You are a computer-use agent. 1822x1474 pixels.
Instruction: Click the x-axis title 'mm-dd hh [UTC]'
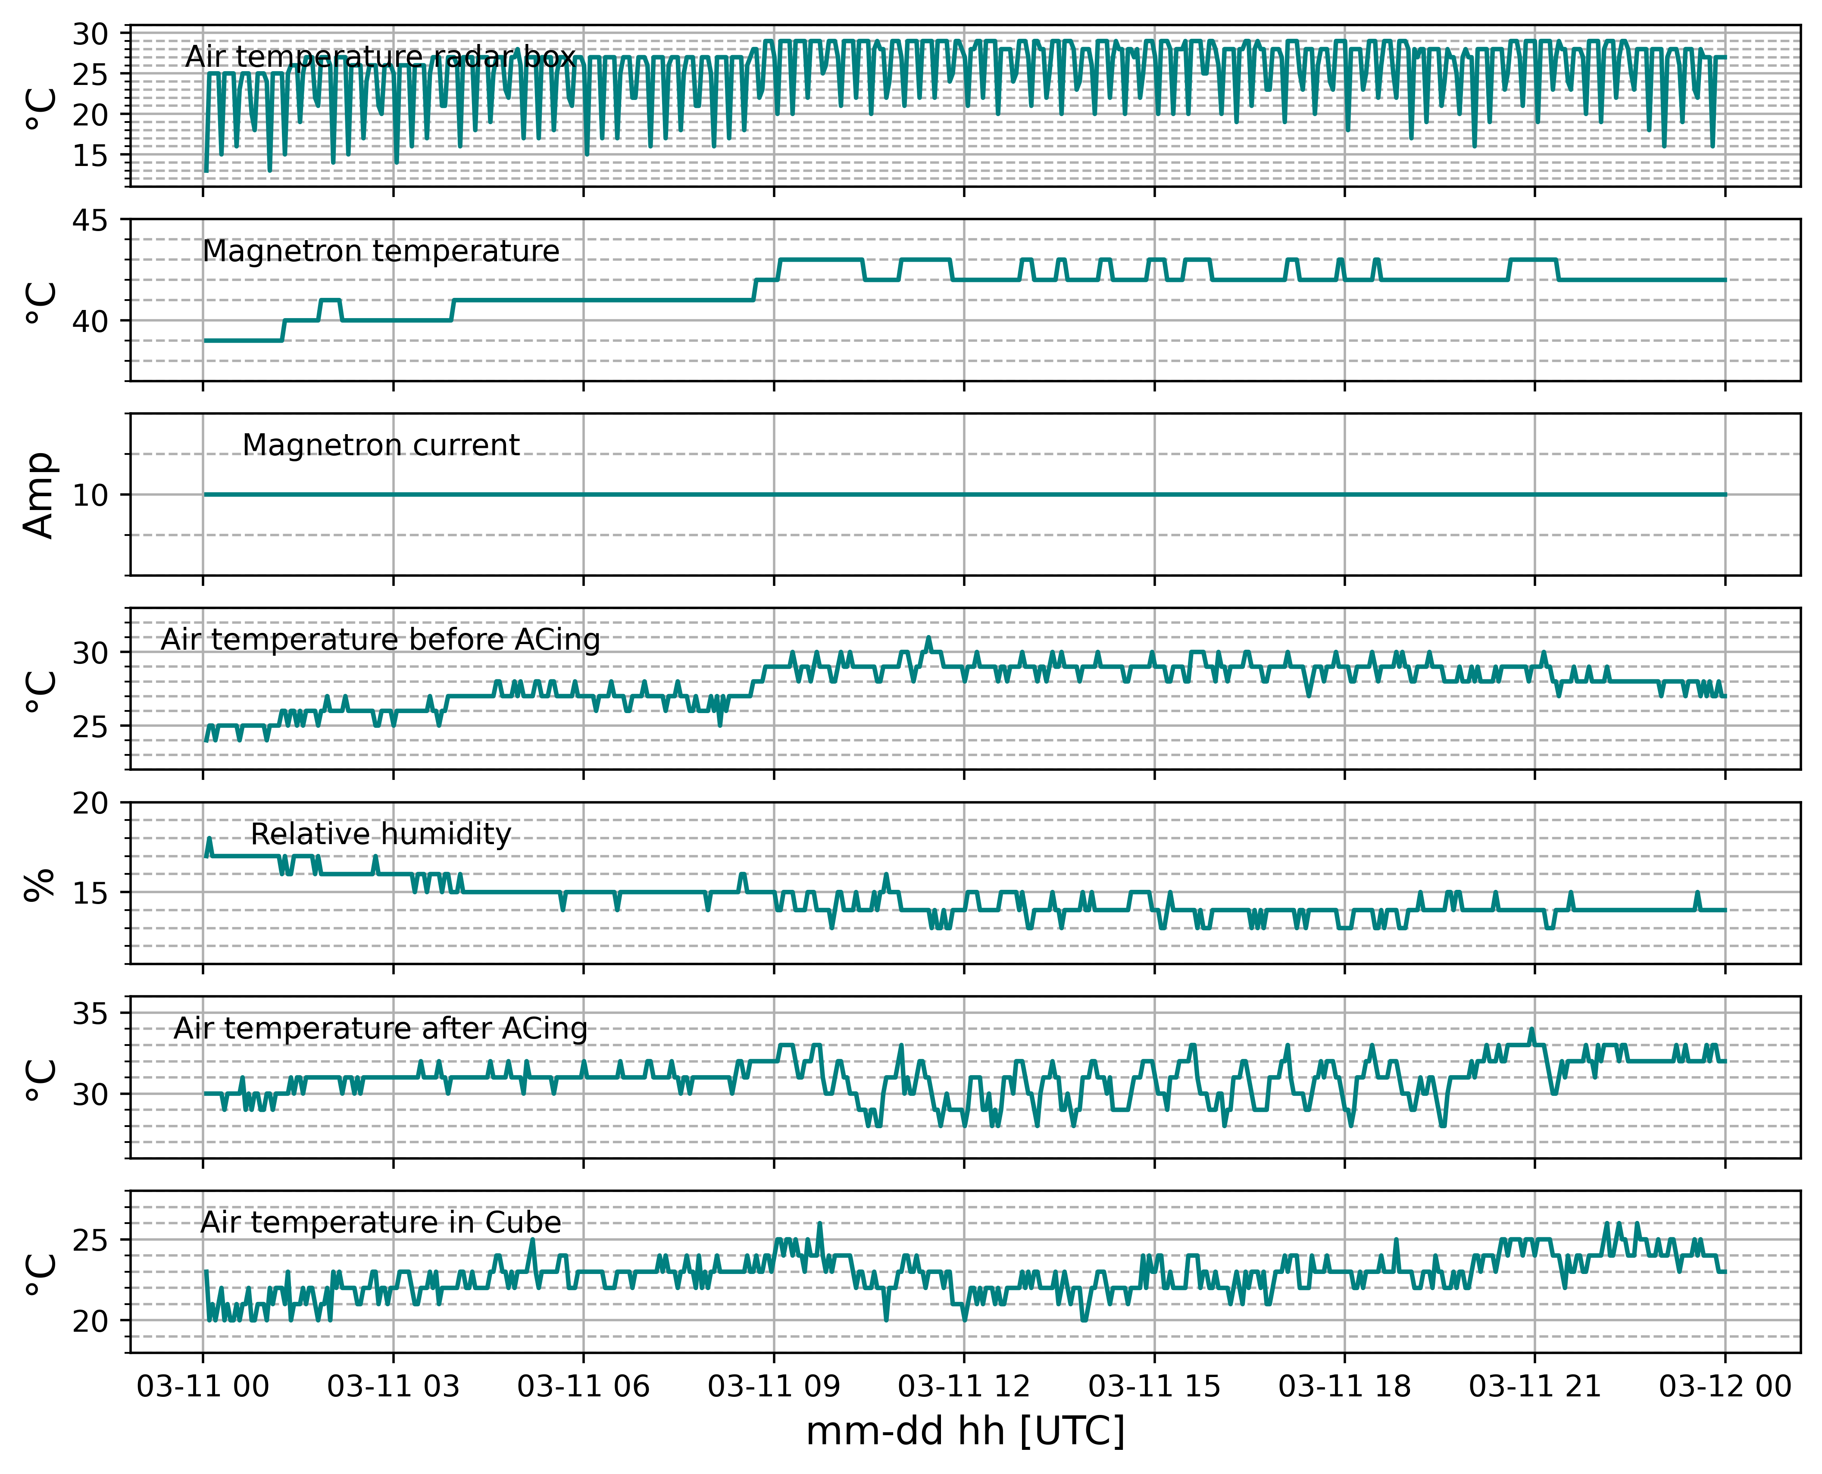pos(966,1432)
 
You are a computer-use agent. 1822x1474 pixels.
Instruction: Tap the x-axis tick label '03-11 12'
pos(964,1386)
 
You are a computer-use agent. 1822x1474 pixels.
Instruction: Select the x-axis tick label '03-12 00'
pos(1725,1386)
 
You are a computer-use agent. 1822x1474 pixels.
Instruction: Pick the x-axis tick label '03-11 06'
pos(583,1386)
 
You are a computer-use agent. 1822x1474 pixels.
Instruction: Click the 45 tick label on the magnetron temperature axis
pos(90,221)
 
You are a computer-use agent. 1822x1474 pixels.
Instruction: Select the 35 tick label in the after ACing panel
pos(90,1014)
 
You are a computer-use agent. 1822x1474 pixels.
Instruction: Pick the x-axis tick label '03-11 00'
pos(203,1386)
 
